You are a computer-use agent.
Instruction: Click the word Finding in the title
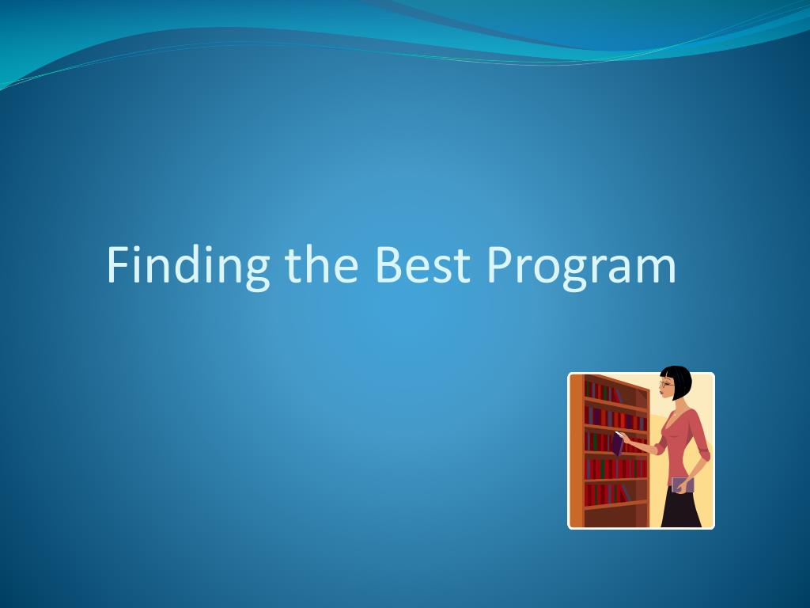pyautogui.click(x=188, y=266)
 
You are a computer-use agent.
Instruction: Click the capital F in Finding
pyautogui.click(x=117, y=264)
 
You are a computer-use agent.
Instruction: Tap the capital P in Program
pyautogui.click(x=499, y=264)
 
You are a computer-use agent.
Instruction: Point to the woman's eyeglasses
pyautogui.click(x=666, y=384)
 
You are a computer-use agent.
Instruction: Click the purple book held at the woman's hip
pyautogui.click(x=683, y=485)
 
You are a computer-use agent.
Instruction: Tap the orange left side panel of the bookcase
pyautogui.click(x=577, y=450)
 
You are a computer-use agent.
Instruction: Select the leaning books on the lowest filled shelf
pyautogui.click(x=625, y=493)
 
